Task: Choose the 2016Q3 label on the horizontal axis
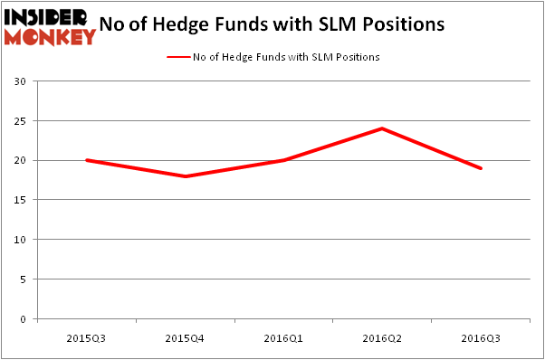481,338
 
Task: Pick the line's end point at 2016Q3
481,168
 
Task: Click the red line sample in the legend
177,57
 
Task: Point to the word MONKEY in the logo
50,36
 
